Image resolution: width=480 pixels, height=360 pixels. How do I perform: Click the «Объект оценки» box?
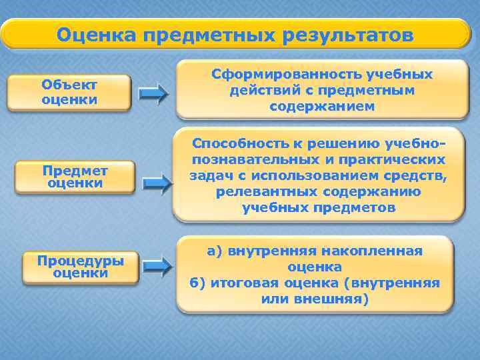pos(69,92)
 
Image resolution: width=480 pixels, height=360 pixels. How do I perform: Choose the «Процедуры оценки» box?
pos(81,266)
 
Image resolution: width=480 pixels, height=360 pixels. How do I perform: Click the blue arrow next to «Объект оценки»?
pos(155,95)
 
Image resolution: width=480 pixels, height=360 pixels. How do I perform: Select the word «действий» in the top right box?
pos(262,90)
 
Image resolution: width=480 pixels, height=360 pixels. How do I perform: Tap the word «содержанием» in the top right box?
pos(322,106)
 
